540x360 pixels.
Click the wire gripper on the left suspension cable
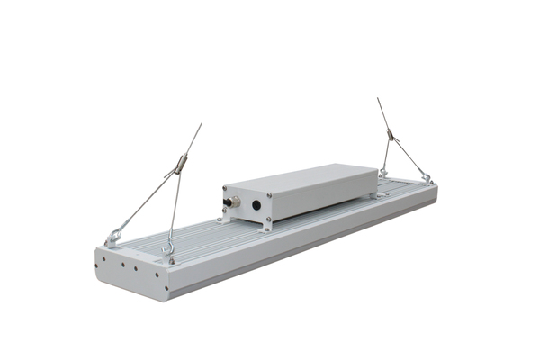[x=180, y=166]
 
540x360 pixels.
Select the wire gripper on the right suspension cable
[x=390, y=137]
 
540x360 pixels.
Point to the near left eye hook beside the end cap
[x=167, y=250]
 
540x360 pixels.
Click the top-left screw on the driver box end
[x=229, y=190]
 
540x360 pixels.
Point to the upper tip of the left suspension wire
[x=201, y=125]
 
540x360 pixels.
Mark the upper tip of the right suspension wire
[x=379, y=99]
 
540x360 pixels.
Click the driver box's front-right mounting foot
[x=268, y=227]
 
